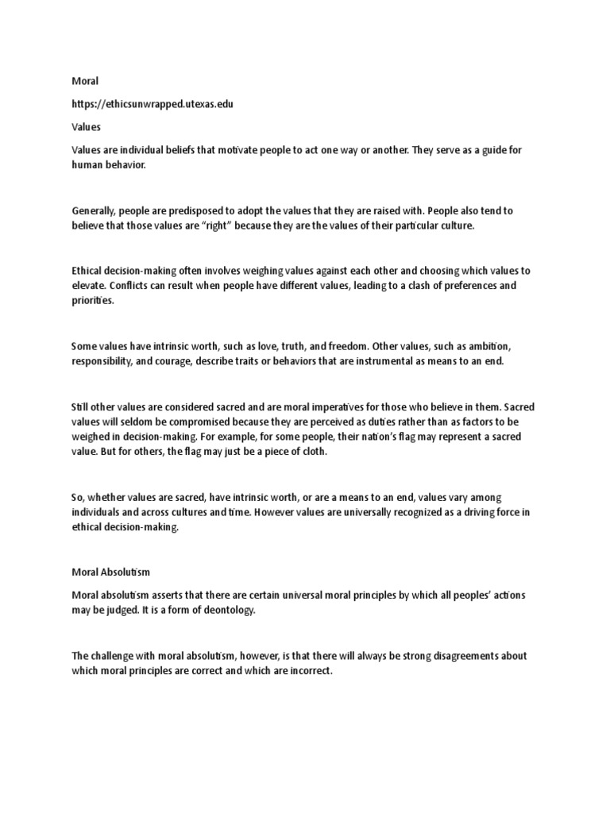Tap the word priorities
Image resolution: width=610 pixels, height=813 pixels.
pos(92,301)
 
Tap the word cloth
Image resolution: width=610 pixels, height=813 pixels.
pos(311,452)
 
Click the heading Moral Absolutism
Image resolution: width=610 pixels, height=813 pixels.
pos(110,572)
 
